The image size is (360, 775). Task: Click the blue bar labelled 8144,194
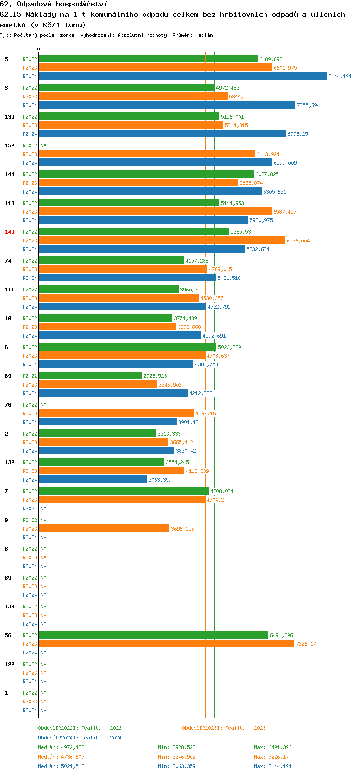(182, 76)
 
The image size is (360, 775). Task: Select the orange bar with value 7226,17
(166, 643)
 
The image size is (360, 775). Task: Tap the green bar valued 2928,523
(90, 375)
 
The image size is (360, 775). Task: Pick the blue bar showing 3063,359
(93, 479)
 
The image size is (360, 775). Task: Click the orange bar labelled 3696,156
(104, 528)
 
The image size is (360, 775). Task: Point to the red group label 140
(10, 232)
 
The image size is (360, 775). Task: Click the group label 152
(10, 145)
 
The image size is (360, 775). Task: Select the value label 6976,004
(298, 241)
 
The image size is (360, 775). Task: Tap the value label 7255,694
(308, 105)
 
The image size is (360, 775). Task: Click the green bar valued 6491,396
(153, 635)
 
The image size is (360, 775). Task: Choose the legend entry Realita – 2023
(224, 728)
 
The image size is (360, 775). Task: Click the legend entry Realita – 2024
(80, 738)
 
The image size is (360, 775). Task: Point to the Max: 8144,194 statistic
(273, 766)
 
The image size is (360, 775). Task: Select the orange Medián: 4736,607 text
(61, 757)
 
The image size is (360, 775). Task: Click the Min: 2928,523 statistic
(177, 747)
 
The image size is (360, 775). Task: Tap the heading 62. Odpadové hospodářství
(53, 4)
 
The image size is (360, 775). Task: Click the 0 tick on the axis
(39, 49)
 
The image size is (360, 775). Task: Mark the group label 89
(8, 376)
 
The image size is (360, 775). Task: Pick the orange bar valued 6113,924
(146, 154)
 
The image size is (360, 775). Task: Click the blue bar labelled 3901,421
(108, 422)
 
